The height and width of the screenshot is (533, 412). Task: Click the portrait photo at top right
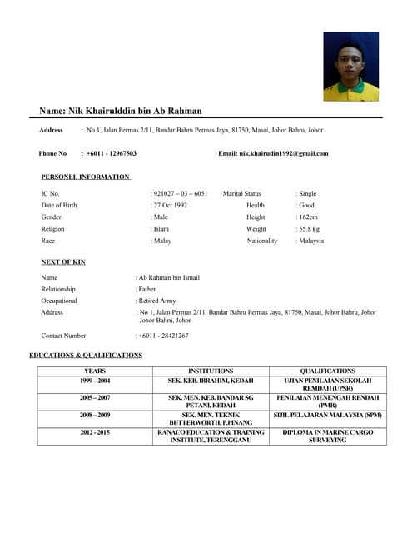(x=350, y=66)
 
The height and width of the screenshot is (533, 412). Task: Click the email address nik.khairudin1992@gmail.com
(x=283, y=153)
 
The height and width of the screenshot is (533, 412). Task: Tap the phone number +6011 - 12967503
(x=112, y=153)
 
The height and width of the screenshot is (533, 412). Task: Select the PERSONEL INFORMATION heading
(x=85, y=177)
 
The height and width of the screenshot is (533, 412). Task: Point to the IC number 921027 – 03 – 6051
(x=181, y=193)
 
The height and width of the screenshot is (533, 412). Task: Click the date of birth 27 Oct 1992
(x=171, y=205)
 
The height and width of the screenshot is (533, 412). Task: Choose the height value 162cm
(x=308, y=217)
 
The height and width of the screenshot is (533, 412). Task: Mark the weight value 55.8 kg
(x=309, y=228)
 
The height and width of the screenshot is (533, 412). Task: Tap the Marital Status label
(x=241, y=193)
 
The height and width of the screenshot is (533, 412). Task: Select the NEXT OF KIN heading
(x=63, y=262)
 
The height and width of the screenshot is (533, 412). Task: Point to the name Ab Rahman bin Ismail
(x=169, y=277)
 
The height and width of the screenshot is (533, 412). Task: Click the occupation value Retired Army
(x=157, y=301)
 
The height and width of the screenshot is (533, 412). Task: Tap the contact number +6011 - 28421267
(x=164, y=336)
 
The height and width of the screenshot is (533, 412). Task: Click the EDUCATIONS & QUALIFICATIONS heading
(x=86, y=356)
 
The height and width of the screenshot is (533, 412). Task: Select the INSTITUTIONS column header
(x=211, y=371)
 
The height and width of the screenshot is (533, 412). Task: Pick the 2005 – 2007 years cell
(x=95, y=398)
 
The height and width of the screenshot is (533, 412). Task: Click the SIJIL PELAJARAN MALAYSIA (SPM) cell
(x=327, y=415)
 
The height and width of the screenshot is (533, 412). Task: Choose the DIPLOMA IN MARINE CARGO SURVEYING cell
(x=327, y=436)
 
